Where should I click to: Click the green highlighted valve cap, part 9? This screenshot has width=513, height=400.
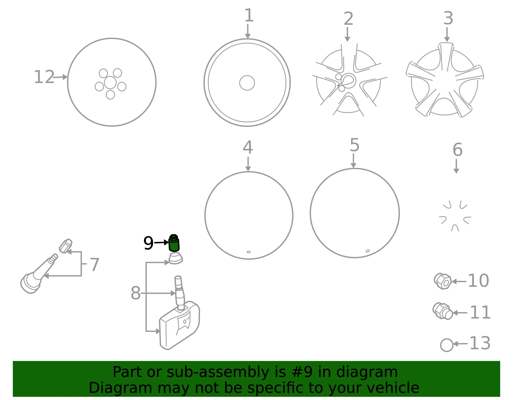pyautogui.click(x=174, y=243)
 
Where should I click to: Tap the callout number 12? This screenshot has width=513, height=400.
pyautogui.click(x=44, y=77)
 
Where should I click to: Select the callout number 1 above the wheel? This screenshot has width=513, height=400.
pyautogui.click(x=249, y=15)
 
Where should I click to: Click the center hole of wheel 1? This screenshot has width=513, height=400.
pyautogui.click(x=247, y=83)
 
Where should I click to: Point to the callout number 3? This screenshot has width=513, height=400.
pyautogui.click(x=448, y=18)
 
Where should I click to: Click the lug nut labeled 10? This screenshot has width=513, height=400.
pyautogui.click(x=443, y=281)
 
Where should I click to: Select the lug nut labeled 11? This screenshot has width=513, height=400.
pyautogui.click(x=443, y=311)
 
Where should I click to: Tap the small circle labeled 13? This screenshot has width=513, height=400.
pyautogui.click(x=447, y=345)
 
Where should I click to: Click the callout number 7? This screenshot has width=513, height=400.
pyautogui.click(x=95, y=265)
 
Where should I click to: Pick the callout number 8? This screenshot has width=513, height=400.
pyautogui.click(x=136, y=293)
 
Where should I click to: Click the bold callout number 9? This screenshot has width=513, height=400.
pyautogui.click(x=148, y=243)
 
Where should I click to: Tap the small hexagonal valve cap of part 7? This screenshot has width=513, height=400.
pyautogui.click(x=65, y=246)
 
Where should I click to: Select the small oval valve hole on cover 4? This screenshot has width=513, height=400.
pyautogui.click(x=248, y=252)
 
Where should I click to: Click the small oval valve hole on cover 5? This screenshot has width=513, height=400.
pyautogui.click(x=367, y=251)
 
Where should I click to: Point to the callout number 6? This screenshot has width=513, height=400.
pyautogui.click(x=458, y=150)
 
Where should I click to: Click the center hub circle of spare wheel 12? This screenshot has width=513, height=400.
pyautogui.click(x=110, y=83)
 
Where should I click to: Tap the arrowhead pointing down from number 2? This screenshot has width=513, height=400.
pyautogui.click(x=347, y=39)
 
